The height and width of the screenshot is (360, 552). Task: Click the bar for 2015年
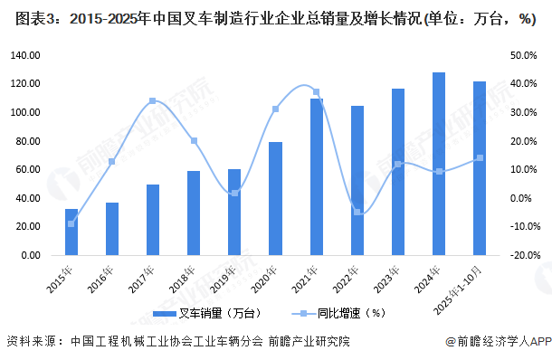click(x=71, y=232)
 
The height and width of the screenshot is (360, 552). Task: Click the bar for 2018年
click(x=194, y=213)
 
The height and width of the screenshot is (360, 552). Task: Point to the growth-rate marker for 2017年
click(x=153, y=100)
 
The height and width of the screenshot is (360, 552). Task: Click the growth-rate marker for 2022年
click(x=357, y=212)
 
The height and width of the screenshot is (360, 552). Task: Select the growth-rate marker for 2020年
click(x=275, y=109)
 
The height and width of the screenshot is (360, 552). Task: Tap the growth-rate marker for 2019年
click(x=234, y=193)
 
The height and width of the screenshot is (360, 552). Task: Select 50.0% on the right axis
click(x=523, y=55)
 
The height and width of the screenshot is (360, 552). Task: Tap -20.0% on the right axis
click(x=523, y=256)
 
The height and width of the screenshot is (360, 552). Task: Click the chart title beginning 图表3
click(x=271, y=18)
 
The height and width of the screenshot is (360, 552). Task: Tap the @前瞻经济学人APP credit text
click(x=498, y=342)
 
